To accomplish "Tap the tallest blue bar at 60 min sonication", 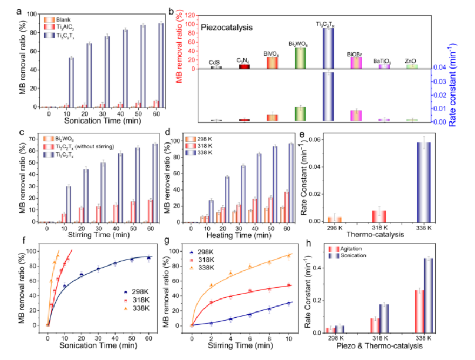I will pyautogui.click(x=161, y=65).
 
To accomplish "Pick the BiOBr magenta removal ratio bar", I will pyautogui.click(x=356, y=63).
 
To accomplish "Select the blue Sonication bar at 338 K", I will pyautogui.click(x=429, y=294).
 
